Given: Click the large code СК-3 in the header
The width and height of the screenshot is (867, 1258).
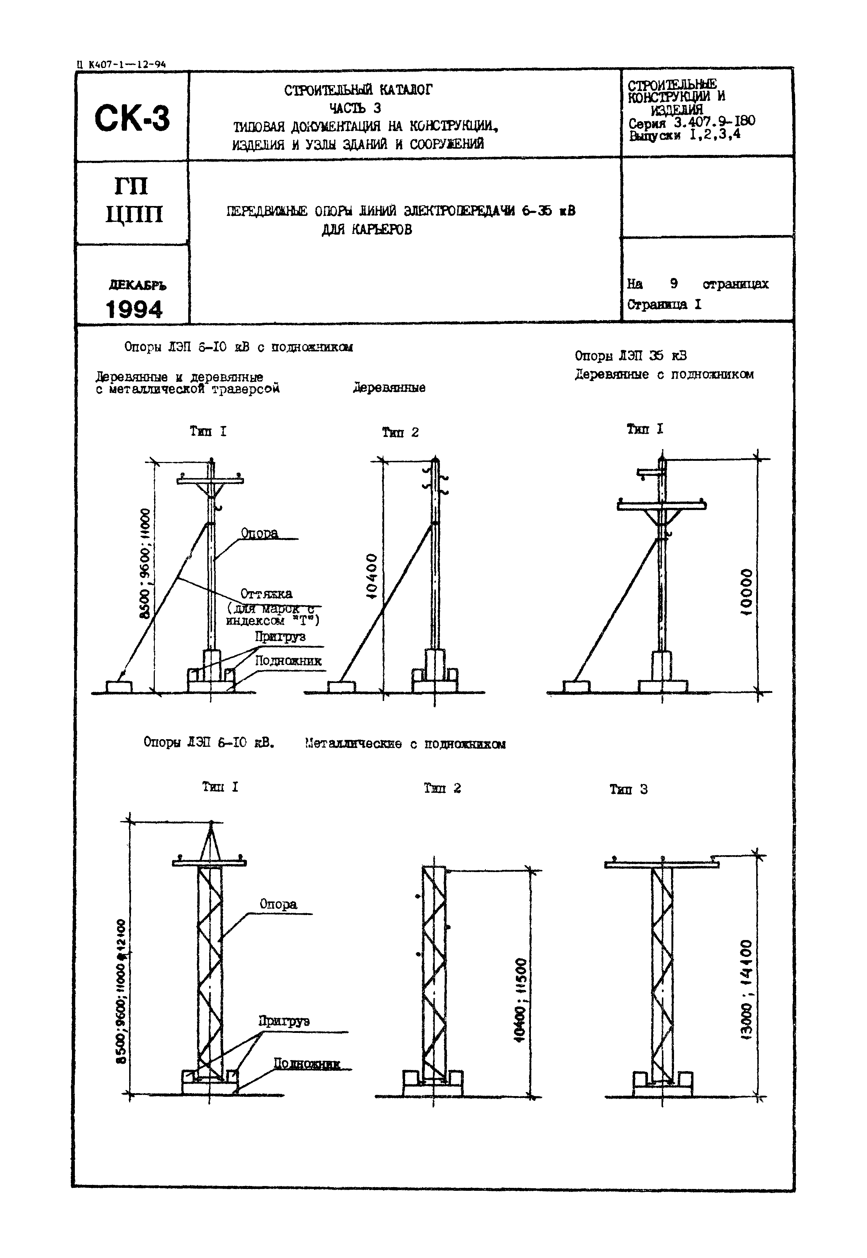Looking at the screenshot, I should point(132,119).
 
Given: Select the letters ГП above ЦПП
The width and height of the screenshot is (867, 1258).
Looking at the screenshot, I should point(131,187).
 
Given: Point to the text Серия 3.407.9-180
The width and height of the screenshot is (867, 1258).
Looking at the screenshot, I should point(691,122).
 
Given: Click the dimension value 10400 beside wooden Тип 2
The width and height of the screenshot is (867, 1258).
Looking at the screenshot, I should point(372,576).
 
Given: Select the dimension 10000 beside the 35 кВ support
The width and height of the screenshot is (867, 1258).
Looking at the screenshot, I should point(747,593).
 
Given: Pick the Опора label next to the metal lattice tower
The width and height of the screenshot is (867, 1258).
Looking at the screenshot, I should point(278,904).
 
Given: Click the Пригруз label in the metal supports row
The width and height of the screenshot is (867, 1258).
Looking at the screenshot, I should point(284,1021).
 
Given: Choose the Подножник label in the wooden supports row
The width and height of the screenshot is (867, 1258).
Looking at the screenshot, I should point(288,661).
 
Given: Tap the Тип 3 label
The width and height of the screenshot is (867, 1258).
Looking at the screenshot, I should point(629,789).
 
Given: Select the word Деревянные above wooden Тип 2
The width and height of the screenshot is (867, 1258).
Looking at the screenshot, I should point(389,388).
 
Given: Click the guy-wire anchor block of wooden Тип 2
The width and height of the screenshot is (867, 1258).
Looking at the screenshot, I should point(341,687).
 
